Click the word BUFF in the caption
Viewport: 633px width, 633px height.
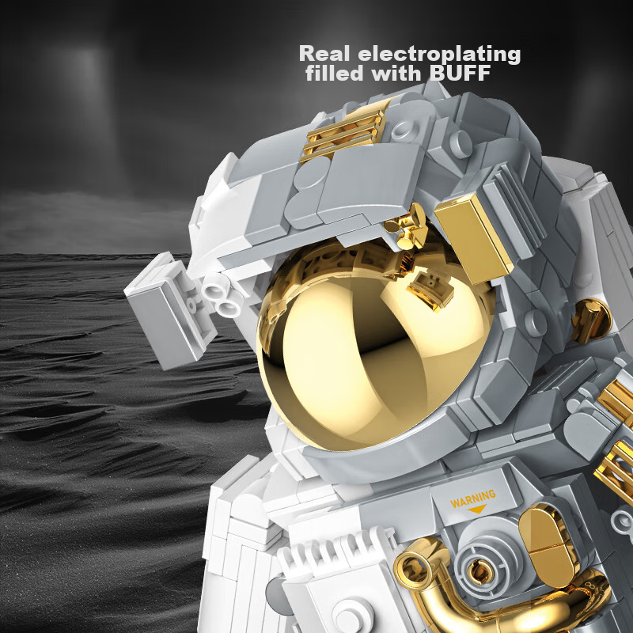[461, 73]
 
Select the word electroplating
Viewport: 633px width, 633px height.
[439, 55]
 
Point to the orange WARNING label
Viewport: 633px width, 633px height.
[473, 498]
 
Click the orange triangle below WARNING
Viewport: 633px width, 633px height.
[477, 509]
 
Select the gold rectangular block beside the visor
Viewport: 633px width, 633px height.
[473, 239]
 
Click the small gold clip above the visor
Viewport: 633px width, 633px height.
[408, 227]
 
